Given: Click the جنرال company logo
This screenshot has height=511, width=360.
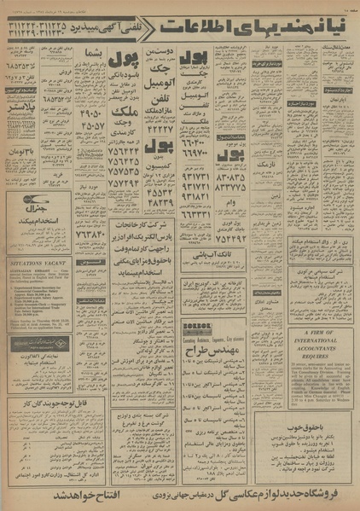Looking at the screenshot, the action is tap(26, 206).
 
